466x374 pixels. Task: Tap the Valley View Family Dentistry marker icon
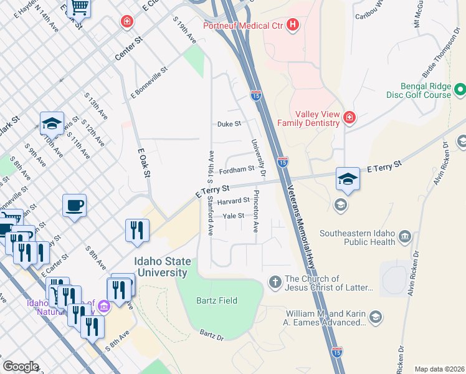point(349,117)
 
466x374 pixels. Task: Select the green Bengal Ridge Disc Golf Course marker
point(460,90)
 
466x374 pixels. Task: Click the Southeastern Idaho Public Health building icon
point(406,237)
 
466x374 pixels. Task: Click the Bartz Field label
point(219,300)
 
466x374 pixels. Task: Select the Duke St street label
point(229,124)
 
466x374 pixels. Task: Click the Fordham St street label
point(237,169)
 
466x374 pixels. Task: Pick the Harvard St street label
point(233,201)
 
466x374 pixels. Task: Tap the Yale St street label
point(234,216)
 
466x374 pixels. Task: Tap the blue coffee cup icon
point(74,206)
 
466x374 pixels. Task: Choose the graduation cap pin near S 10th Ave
point(52,123)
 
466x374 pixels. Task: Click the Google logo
point(21,367)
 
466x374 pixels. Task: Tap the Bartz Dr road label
point(212,336)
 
